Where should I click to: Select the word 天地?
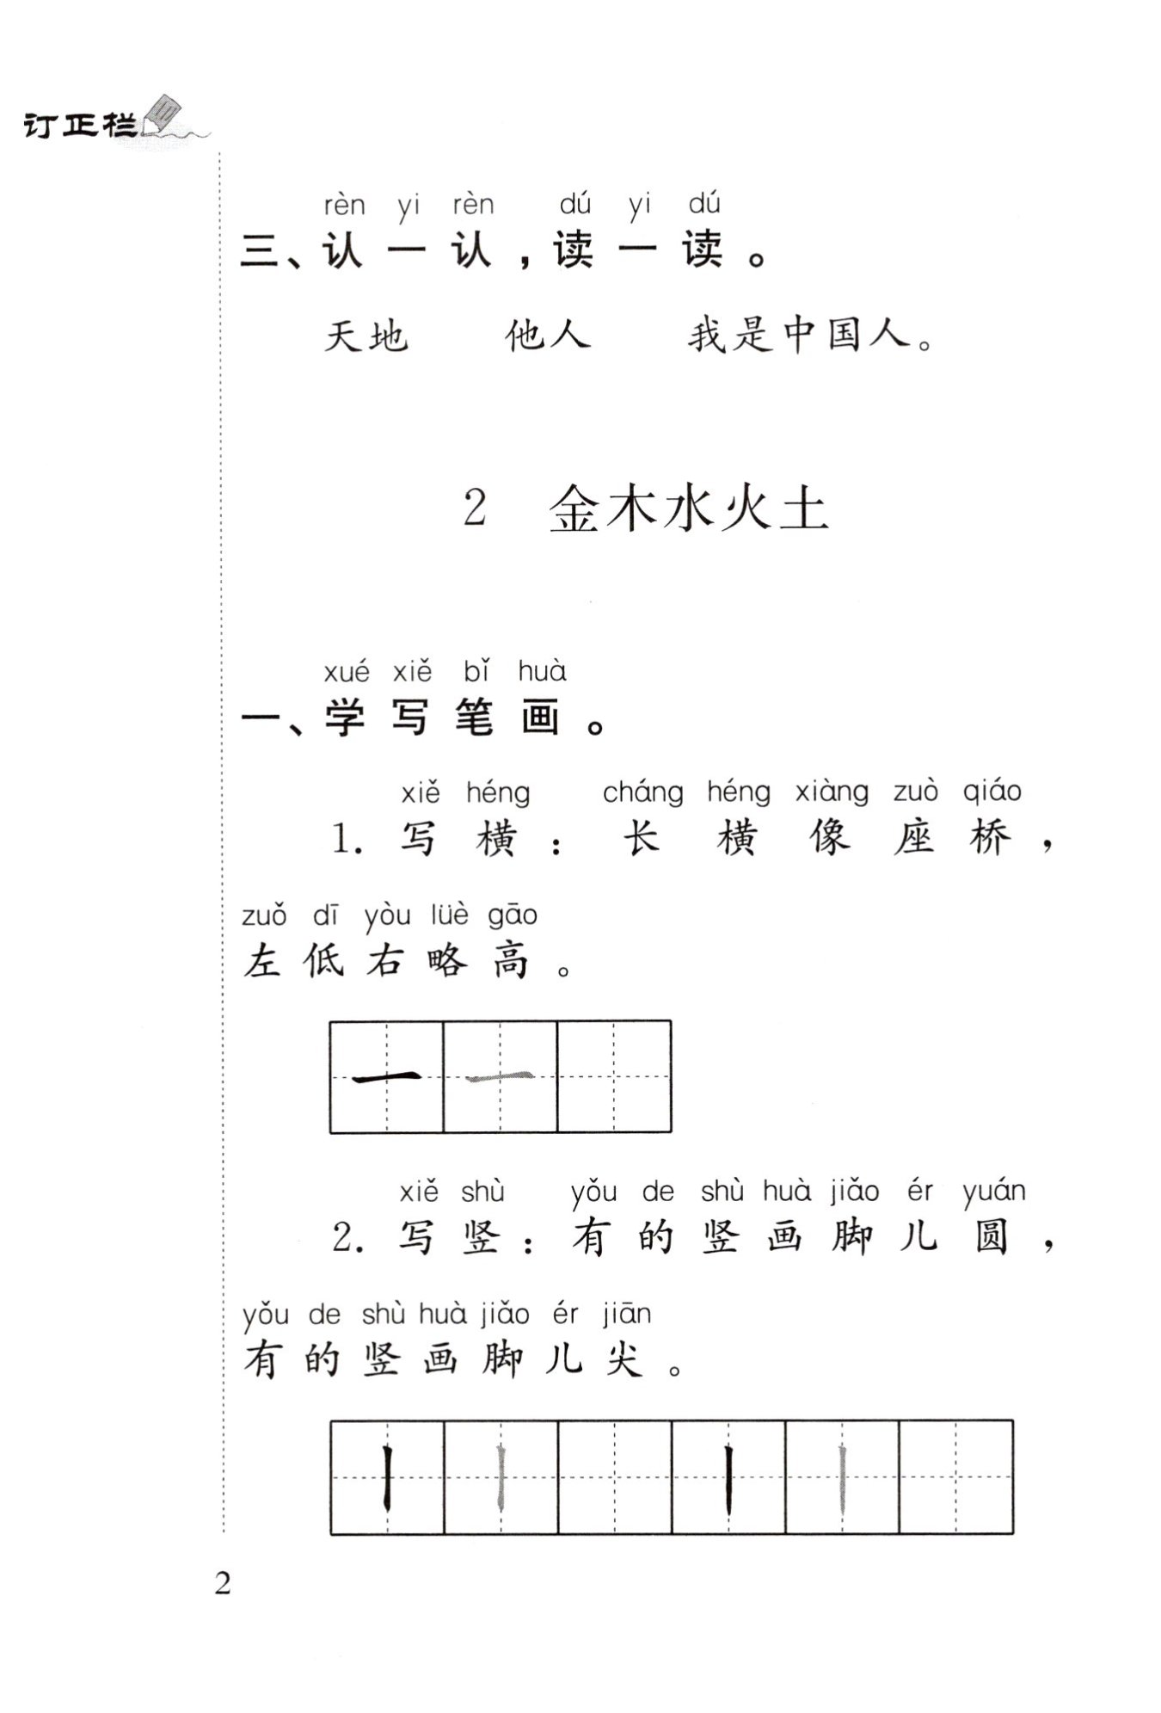tap(365, 335)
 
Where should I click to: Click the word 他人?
tap(548, 335)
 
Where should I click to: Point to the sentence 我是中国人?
tap(800, 335)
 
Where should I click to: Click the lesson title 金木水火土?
tap(688, 508)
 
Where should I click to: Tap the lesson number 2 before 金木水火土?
tap(475, 508)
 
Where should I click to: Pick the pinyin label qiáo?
tap(992, 791)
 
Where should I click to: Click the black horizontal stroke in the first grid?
tap(387, 1076)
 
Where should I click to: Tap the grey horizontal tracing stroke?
tap(500, 1076)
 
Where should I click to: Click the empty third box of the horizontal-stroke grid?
tap(614, 1076)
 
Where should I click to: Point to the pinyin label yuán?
tap(994, 1192)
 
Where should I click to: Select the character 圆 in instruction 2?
tap(992, 1238)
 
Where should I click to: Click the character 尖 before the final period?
tap(623, 1360)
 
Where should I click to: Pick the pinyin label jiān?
tap(626, 1314)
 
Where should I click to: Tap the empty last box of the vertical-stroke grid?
tap(955, 1477)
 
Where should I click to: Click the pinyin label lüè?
tap(449, 915)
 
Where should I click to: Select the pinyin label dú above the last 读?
tap(704, 205)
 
